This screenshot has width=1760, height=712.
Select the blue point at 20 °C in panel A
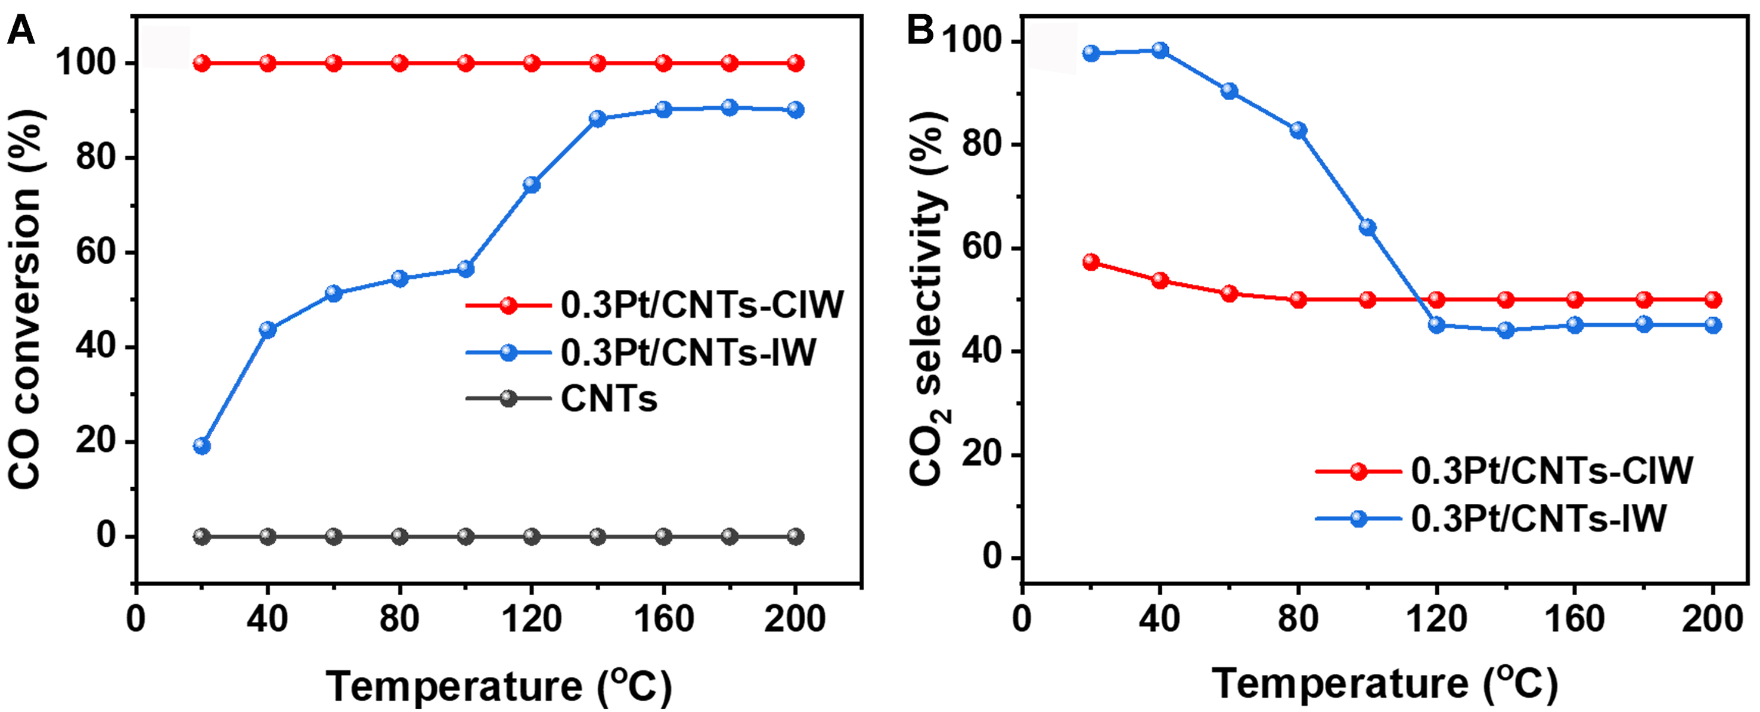(201, 446)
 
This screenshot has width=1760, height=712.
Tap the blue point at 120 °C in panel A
(532, 184)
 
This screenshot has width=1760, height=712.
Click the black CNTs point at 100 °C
(465, 537)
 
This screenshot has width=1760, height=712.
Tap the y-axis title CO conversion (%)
(26, 301)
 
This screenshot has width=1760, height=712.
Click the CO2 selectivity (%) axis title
(928, 301)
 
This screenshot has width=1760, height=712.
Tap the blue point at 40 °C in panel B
(1160, 50)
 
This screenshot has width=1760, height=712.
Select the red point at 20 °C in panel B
(1091, 262)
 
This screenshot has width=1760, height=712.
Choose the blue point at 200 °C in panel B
(1713, 325)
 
